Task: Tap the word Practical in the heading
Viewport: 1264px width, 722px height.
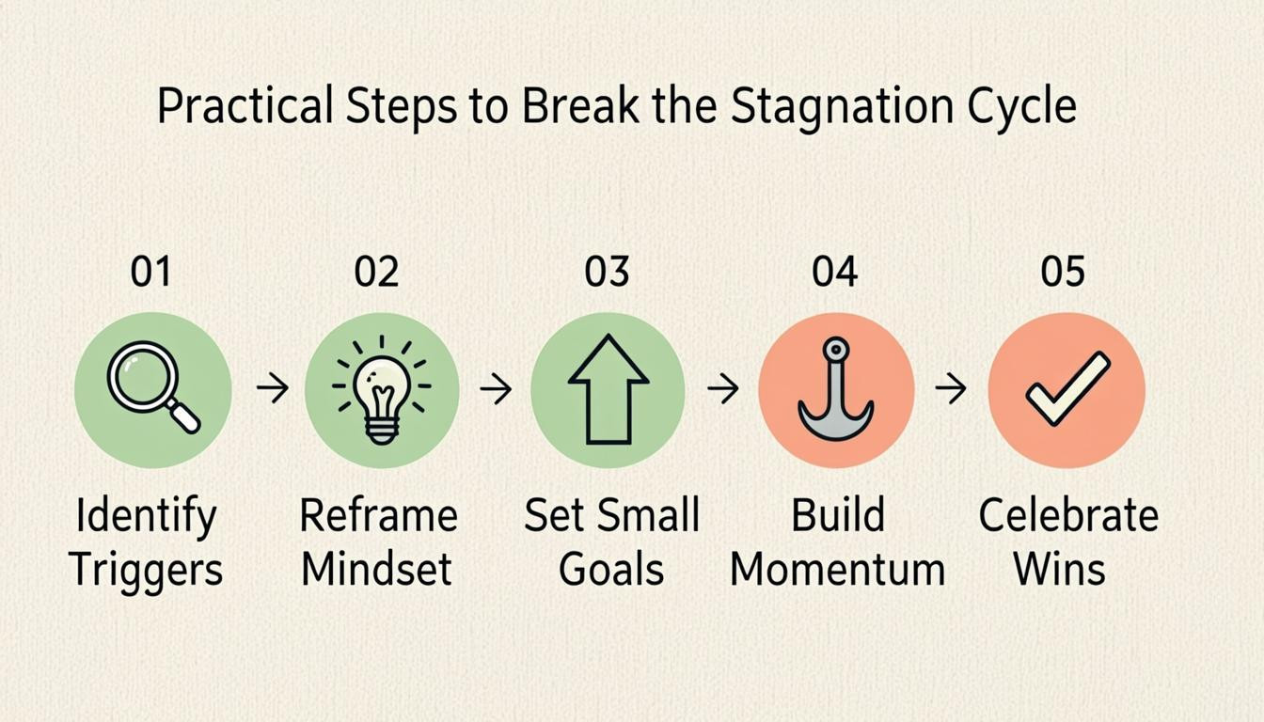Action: point(245,107)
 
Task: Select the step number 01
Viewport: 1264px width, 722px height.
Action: point(151,272)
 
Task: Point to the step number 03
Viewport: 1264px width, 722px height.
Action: point(607,272)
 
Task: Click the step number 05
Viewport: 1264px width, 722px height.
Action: point(1063,272)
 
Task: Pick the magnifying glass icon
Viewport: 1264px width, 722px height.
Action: point(153,387)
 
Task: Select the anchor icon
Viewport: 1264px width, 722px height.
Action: point(836,389)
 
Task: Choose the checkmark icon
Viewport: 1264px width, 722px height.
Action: point(1067,387)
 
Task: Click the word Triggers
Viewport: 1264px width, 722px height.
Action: point(146,571)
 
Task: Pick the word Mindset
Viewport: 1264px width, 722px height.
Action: point(377,569)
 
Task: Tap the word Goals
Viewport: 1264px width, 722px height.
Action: point(611,569)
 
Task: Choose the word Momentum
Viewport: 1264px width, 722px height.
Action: point(837,569)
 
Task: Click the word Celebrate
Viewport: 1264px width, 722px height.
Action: point(1068,516)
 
